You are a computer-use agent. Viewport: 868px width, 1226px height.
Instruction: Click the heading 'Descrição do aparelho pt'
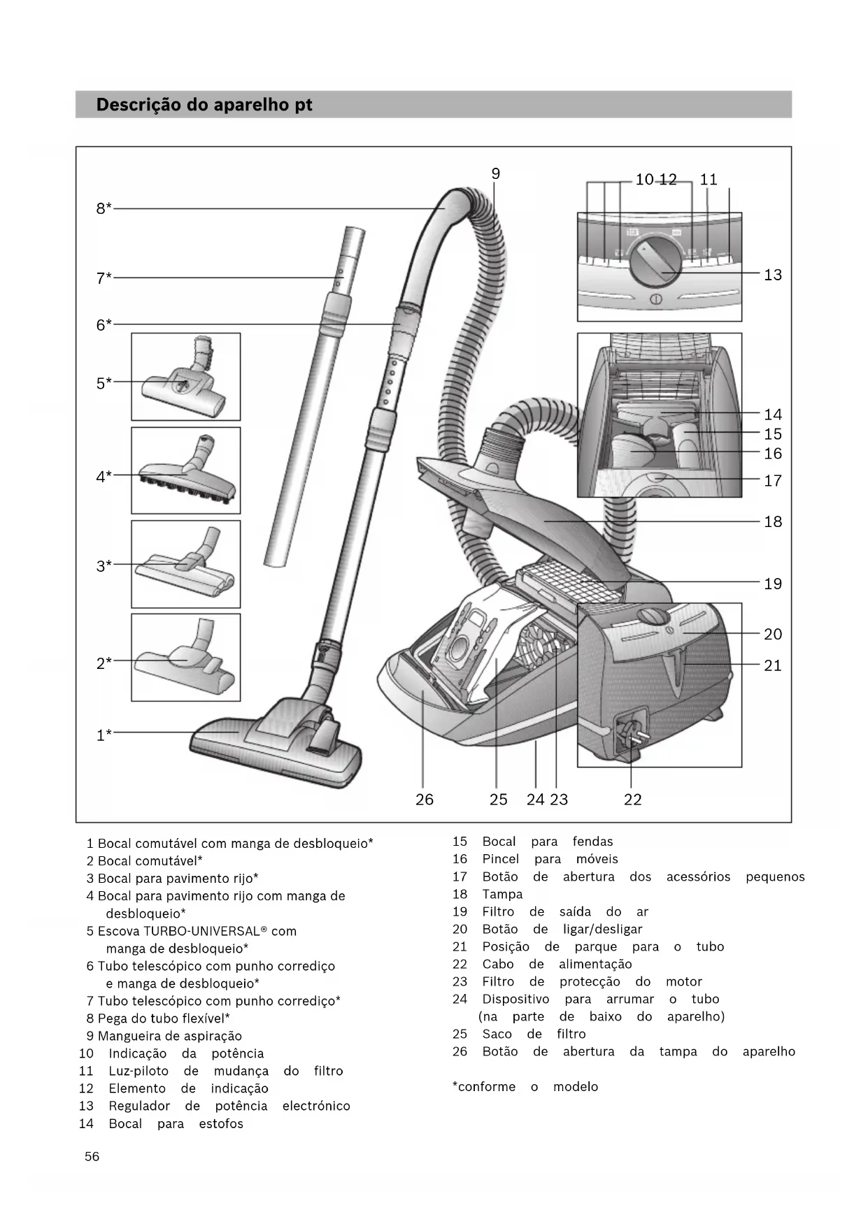[x=204, y=105]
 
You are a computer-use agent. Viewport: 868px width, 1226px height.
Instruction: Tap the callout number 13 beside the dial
[x=772, y=275]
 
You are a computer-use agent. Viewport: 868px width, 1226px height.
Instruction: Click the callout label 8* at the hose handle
[x=104, y=208]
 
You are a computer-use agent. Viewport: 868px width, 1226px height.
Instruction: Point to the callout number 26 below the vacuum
[x=424, y=800]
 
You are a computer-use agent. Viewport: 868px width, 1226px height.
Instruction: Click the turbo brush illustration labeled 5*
[x=186, y=377]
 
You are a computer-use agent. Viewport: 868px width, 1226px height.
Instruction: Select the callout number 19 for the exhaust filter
[x=772, y=584]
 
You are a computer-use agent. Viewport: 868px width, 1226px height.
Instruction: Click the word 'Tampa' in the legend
[x=502, y=894]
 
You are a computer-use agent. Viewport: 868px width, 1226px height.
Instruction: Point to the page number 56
[x=92, y=1157]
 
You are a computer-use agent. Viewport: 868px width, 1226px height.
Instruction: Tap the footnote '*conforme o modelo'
[x=525, y=1087]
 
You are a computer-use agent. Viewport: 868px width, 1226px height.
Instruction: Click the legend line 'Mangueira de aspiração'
[x=169, y=1036]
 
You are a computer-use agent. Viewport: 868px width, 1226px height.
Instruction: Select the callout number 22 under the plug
[x=632, y=800]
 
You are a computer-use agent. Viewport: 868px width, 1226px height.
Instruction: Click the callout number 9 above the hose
[x=495, y=174]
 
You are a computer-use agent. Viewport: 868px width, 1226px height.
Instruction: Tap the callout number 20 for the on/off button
[x=772, y=634]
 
